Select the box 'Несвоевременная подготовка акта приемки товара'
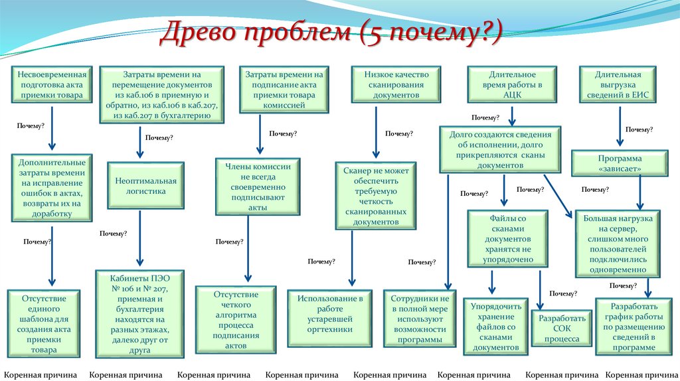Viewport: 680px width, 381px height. (52, 85)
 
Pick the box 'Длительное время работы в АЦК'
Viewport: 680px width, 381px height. (511, 85)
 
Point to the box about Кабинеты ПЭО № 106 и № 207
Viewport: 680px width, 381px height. (141, 313)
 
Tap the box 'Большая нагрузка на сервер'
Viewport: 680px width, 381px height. (618, 244)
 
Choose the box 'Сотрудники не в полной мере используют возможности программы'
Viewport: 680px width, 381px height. (420, 319)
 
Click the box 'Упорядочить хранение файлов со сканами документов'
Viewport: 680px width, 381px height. (492, 327)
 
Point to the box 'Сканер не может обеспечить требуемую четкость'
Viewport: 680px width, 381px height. (376, 196)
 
